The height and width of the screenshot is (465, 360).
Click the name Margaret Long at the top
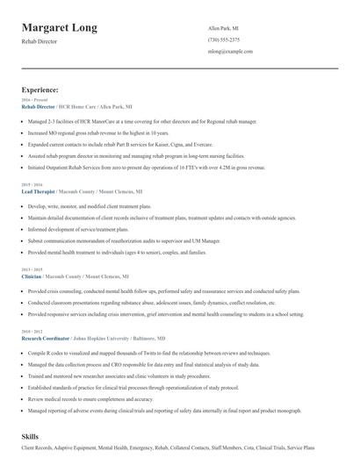59,27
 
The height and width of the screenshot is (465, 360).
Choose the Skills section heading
31,435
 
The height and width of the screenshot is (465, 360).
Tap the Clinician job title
31,275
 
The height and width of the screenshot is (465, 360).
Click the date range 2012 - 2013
31,331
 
